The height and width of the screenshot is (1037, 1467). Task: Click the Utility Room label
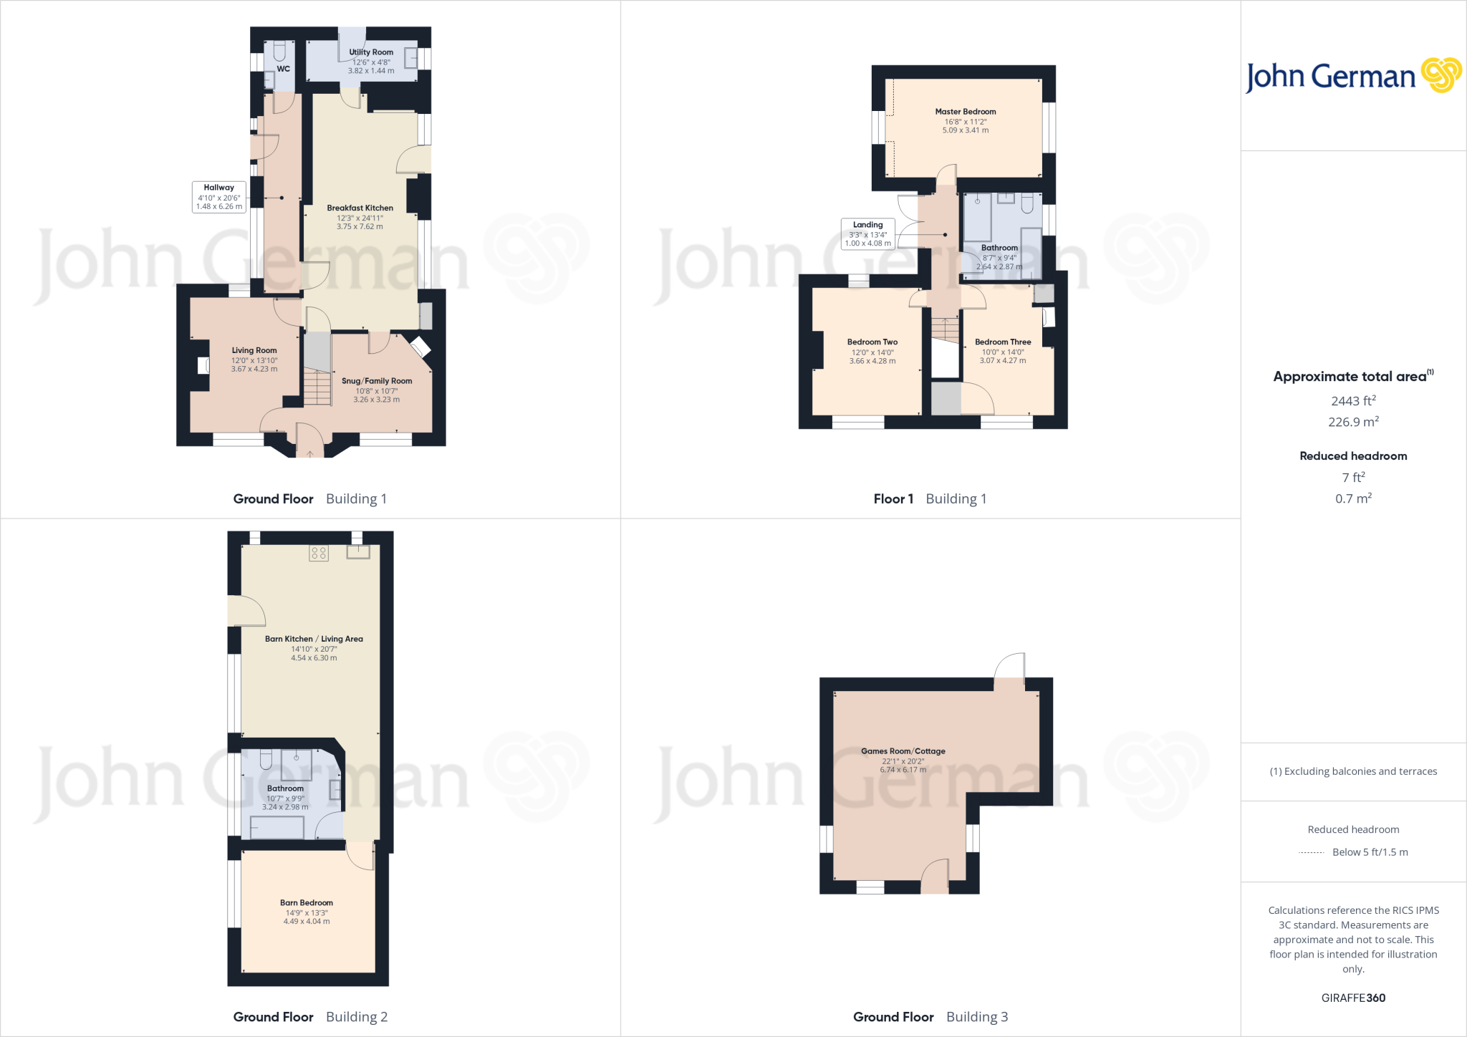[x=371, y=52]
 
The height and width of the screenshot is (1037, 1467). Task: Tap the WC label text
[x=284, y=69]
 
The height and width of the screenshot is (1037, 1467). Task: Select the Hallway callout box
[x=219, y=197]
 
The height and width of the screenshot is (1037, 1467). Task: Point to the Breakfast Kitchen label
[x=360, y=208]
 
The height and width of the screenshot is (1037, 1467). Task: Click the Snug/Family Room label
[x=377, y=381]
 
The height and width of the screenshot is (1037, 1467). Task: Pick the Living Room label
[x=254, y=351]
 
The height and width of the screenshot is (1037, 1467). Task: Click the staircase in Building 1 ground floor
[x=317, y=387]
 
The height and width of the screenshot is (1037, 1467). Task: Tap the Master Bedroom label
[x=965, y=112]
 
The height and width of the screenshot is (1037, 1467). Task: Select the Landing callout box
[x=868, y=234]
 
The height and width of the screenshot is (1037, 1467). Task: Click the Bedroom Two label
[x=872, y=342]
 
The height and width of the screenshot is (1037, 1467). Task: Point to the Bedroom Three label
[x=1003, y=342]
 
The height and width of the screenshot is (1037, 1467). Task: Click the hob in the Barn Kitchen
[x=319, y=553]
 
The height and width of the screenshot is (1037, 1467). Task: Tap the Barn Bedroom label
[x=307, y=903]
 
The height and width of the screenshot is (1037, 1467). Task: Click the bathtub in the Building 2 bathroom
[x=276, y=828]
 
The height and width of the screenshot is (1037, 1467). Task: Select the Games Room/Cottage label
[x=903, y=751]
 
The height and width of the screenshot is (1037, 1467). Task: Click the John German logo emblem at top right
[x=1440, y=75]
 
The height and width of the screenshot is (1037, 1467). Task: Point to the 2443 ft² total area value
[x=1353, y=401]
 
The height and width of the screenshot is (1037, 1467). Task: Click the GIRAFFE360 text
[x=1353, y=998]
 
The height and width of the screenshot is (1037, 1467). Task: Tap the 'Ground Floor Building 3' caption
[x=930, y=1017]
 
